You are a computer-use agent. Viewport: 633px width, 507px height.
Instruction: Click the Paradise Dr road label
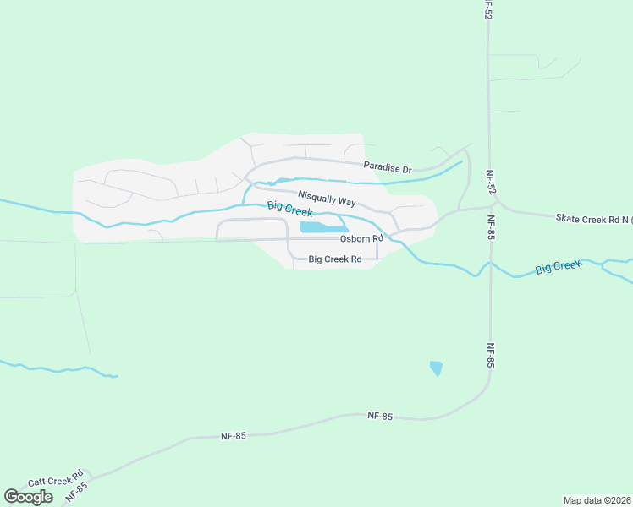pyautogui.click(x=388, y=167)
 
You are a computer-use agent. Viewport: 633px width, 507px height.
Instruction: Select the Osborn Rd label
pyautogui.click(x=361, y=238)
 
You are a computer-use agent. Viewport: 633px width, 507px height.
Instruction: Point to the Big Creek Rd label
pyautogui.click(x=335, y=259)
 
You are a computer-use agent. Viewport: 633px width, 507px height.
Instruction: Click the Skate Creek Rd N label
pyautogui.click(x=592, y=219)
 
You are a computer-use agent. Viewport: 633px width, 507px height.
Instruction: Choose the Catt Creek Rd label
pyautogui.click(x=55, y=478)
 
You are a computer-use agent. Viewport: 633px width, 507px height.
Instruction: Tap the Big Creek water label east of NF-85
pyautogui.click(x=559, y=268)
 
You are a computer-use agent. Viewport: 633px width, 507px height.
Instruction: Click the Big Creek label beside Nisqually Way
pyautogui.click(x=289, y=209)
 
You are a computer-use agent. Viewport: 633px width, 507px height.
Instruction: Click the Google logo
pyautogui.click(x=28, y=497)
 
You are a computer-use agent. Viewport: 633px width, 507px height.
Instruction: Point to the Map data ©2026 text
pyautogui.click(x=597, y=499)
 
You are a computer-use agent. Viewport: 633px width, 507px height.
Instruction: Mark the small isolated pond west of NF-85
pyautogui.click(x=436, y=368)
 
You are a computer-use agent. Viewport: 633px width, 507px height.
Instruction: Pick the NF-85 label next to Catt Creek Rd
pyautogui.click(x=75, y=489)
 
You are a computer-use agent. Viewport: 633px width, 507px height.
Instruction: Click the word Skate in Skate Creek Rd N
pyautogui.click(x=568, y=218)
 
